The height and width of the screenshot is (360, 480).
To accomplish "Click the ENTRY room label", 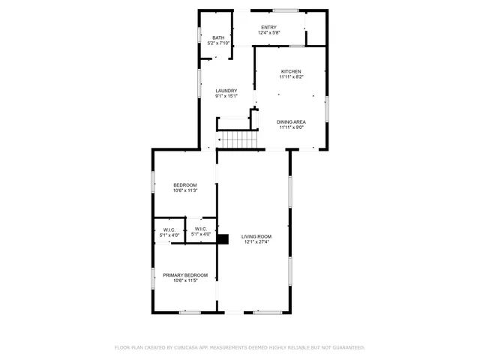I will pos(268,27).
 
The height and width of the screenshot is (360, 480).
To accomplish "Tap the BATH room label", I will pos(218,38).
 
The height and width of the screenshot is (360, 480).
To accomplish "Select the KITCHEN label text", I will pos(291,71).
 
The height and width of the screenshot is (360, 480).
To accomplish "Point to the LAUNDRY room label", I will pos(226,91).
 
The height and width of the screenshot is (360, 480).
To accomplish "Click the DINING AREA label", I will pos(291,121).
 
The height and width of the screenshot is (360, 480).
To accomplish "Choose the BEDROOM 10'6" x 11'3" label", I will pos(184,185).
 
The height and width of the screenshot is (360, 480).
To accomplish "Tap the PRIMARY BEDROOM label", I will pos(185,275).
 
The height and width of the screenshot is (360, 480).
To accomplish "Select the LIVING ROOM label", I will pos(256,236).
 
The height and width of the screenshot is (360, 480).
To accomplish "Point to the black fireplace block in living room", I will pos(223,238).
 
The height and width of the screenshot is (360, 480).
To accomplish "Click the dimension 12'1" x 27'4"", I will pos(256,242).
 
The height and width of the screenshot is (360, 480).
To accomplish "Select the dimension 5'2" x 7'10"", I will pos(218,43).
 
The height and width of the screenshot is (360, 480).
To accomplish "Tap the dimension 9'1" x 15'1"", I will pos(226,96).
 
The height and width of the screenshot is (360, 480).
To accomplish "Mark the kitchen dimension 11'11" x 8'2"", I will pos(291,76).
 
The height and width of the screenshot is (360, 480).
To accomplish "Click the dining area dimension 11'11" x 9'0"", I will pos(291,127).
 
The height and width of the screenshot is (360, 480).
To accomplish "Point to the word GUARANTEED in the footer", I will pos(346,348).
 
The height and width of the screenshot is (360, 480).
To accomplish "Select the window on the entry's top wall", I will pos(286,10).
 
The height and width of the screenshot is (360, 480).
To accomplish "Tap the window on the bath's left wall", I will pos(199,34).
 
